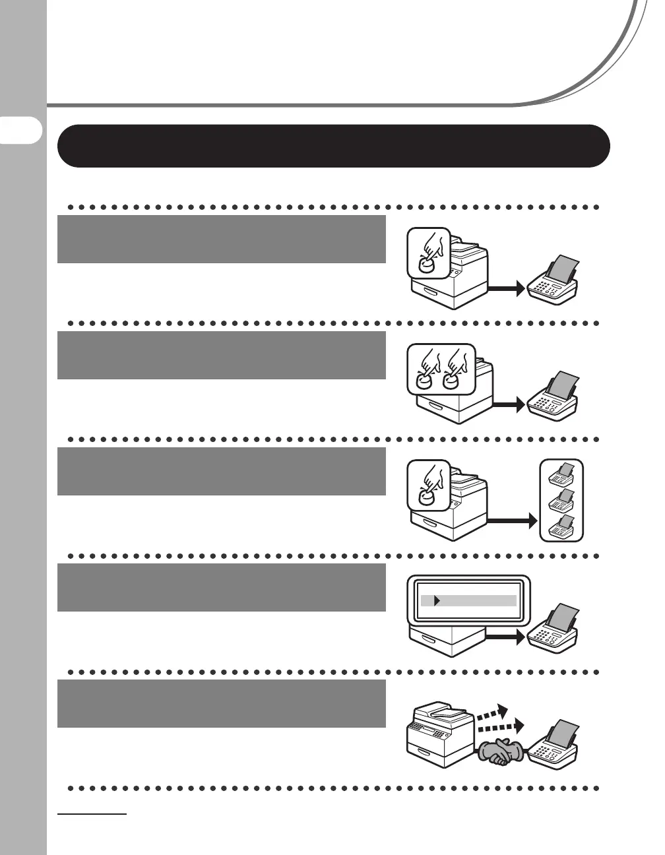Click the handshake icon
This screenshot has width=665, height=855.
[501, 752]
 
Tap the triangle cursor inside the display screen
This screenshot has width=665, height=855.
[436, 601]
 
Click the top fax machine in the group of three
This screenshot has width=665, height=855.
[561, 475]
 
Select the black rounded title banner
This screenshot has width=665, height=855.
[333, 146]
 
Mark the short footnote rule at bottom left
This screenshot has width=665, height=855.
[92, 815]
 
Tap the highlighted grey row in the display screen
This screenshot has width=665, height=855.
[468, 601]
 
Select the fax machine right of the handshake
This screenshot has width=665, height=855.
[554, 745]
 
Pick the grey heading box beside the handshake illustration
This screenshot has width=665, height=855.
[221, 704]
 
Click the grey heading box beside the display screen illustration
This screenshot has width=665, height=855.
[221, 588]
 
